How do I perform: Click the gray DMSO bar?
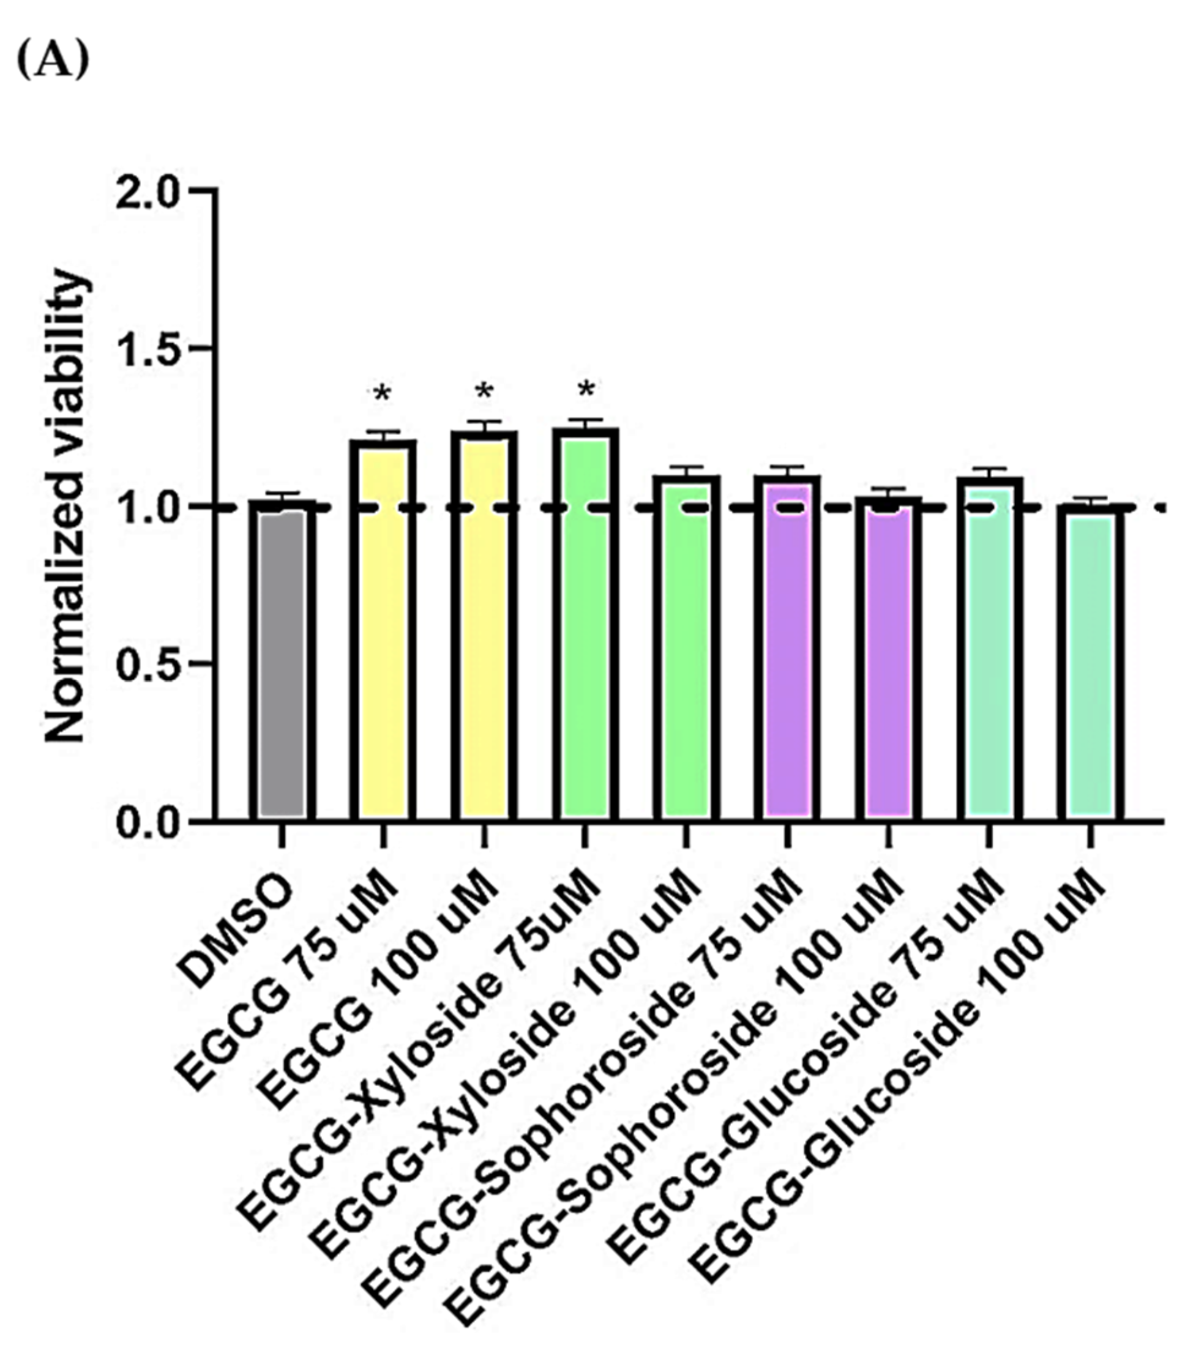coord(282,661)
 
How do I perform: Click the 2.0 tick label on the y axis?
coord(147,192)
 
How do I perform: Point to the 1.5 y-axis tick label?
coord(147,349)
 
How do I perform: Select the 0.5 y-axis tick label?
coord(147,665)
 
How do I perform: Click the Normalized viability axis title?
coord(66,506)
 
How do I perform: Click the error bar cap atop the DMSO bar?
coord(282,493)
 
